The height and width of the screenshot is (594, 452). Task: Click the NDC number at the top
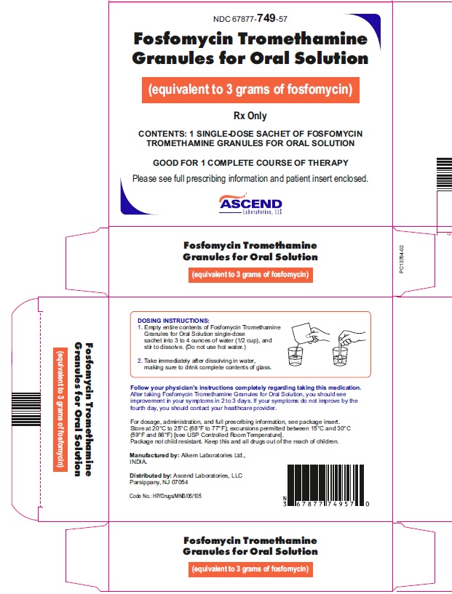point(250,19)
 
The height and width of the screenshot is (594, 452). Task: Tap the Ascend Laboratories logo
point(250,204)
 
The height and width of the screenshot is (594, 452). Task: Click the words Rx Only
point(250,116)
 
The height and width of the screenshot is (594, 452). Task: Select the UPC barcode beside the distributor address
point(326,485)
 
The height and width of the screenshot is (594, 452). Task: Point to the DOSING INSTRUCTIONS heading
point(173,321)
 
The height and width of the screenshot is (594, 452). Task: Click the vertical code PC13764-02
point(402,259)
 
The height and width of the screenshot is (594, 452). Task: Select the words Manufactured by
point(154,455)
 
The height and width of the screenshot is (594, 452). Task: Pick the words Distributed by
point(151,475)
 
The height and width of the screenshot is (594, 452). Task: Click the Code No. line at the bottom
point(165,496)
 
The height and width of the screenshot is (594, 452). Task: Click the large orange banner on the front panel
point(250,90)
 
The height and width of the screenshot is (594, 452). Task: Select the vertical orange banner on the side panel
point(60,409)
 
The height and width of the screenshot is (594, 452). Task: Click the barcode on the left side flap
point(25,409)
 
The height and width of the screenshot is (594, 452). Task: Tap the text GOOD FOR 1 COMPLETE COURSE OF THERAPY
point(250,163)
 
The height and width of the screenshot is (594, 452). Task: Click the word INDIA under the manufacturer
point(138,462)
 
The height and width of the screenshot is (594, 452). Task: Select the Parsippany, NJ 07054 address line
point(159,482)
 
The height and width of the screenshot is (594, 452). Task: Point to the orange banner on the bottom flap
point(250,569)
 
